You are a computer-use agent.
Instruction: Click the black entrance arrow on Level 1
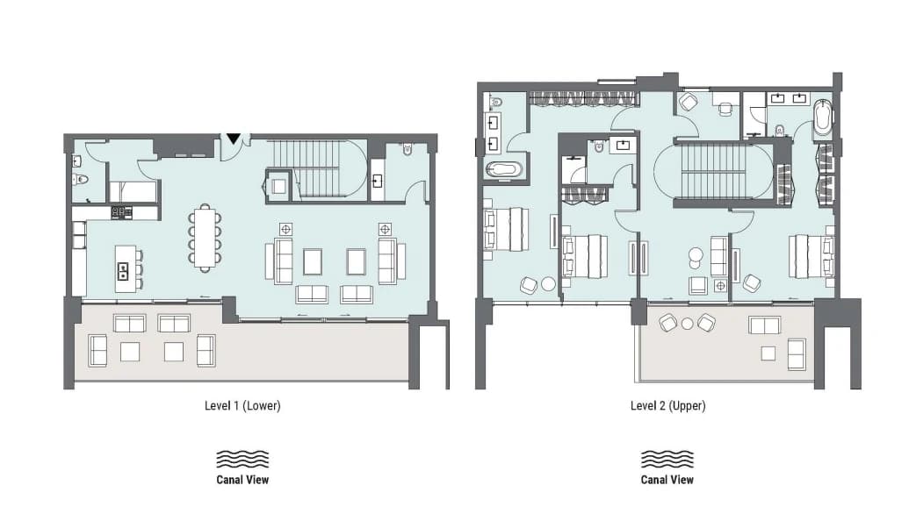pos(233,139)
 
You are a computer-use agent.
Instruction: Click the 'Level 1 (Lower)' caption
pos(242,405)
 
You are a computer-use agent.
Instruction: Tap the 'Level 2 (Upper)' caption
pos(667,405)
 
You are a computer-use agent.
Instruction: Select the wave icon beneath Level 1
pos(242,459)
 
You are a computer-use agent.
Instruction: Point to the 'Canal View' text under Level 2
pos(667,479)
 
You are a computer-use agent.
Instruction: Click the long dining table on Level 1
pos(204,238)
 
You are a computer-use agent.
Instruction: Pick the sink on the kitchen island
pos(123,270)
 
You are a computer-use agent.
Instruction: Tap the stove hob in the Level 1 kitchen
pos(121,212)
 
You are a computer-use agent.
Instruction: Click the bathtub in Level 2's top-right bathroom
pos(822,121)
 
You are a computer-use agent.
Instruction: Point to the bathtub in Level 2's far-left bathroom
pos(504,170)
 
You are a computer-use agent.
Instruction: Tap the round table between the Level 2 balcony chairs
pos(687,324)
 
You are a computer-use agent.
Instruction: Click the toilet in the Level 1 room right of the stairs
pos(407,149)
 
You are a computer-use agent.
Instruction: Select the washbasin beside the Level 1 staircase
pos(377,182)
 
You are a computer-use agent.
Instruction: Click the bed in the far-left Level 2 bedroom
pos(507,229)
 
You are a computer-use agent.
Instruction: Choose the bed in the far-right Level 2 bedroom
pos(812,255)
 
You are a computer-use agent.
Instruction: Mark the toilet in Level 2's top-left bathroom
pos(495,103)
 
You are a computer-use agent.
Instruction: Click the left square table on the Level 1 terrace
pos(129,352)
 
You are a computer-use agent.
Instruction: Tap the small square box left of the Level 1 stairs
pos(278,185)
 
